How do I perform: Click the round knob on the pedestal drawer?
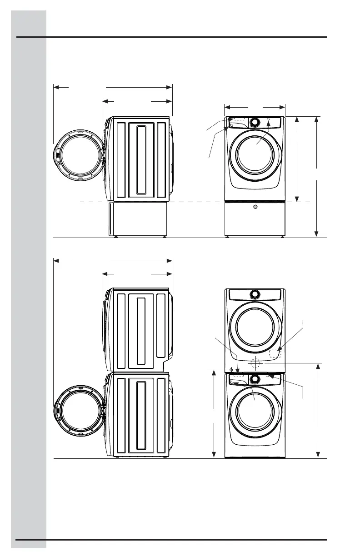[x=255, y=207]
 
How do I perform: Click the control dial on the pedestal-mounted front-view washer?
[x=255, y=122]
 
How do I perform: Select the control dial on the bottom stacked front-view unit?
[x=255, y=378]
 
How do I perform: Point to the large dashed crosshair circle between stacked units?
[x=255, y=363]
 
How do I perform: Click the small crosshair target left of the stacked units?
[x=232, y=369]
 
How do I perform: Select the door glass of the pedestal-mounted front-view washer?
[x=255, y=154]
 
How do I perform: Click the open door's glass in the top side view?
[x=78, y=154]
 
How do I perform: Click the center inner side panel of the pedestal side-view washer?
[x=141, y=159]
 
